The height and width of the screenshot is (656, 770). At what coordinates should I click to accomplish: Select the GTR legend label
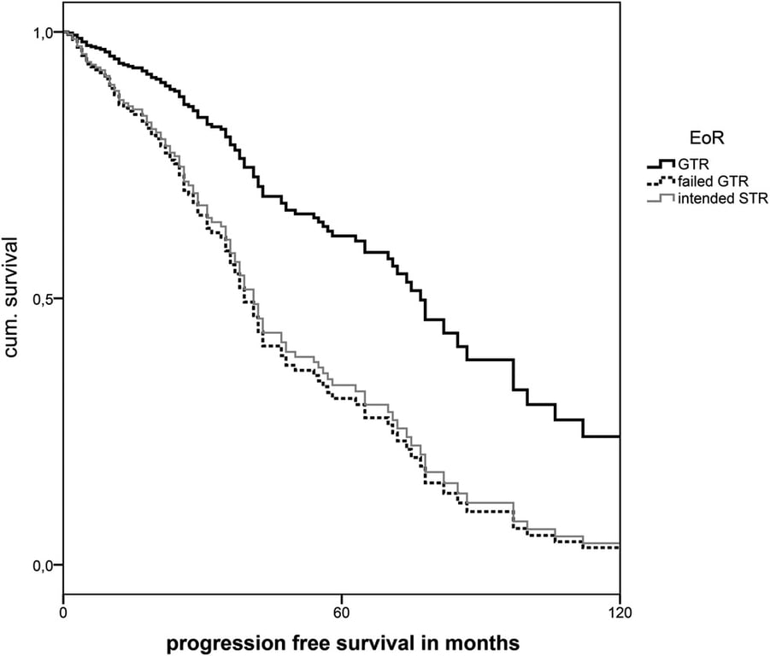click(x=691, y=164)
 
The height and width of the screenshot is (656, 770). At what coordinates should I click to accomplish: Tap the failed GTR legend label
click(x=711, y=181)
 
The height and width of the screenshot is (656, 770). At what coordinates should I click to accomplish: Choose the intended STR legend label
click(x=722, y=199)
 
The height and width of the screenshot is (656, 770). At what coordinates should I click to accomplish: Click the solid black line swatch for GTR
click(x=661, y=163)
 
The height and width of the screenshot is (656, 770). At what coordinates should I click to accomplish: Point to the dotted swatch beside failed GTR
click(x=661, y=181)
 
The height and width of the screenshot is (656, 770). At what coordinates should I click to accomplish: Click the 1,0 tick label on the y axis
click(x=43, y=32)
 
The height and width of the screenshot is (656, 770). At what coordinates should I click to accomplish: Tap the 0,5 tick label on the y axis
click(x=43, y=299)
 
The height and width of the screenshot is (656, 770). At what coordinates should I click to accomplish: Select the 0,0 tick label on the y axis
click(x=43, y=565)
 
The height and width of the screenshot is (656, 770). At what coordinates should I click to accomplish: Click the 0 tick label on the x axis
click(x=64, y=612)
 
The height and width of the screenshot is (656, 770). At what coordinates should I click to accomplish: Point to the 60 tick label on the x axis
click(x=342, y=612)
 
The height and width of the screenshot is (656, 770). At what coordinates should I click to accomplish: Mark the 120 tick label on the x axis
click(x=620, y=612)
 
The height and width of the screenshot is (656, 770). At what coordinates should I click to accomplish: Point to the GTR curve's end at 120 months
click(x=618, y=436)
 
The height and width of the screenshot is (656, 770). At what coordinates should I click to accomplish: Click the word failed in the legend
click(x=694, y=181)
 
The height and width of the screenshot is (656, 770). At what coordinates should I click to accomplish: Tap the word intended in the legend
click(x=706, y=199)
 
